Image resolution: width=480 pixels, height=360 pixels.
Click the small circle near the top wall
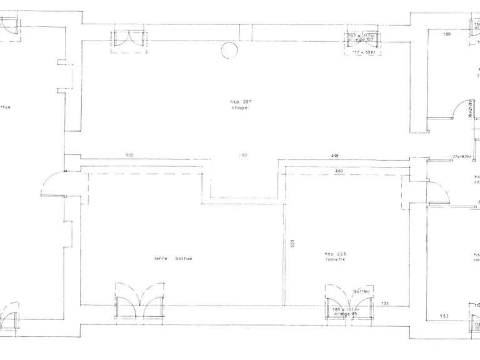click(x=229, y=50)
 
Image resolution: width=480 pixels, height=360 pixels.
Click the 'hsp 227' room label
click(x=235, y=101)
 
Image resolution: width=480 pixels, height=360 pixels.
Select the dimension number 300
click(x=129, y=154)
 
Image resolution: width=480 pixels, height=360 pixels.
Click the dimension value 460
click(x=339, y=171)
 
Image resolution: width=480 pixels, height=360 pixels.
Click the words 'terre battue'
click(x=174, y=258)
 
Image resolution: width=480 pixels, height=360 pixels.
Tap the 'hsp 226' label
click(x=335, y=254)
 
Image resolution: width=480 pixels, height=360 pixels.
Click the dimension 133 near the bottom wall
click(x=385, y=303)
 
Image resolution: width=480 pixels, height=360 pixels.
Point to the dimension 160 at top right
click(x=447, y=34)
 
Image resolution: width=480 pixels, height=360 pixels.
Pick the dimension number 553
click(x=444, y=316)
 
